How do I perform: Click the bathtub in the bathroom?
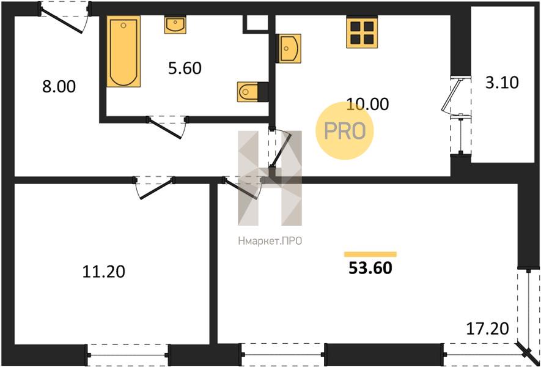(123, 51)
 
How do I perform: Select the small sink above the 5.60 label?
(175, 24)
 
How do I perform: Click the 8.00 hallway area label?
(59, 87)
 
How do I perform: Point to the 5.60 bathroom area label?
(185, 69)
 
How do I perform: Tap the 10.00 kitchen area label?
(368, 104)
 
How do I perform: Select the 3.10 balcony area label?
(502, 83)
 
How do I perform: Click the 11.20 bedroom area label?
(103, 272)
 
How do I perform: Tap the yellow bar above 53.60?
(370, 254)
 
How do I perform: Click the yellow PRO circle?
(345, 131)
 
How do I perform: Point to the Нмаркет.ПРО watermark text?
(270, 240)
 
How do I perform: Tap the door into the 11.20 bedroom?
(155, 188)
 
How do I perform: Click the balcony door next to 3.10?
(455, 96)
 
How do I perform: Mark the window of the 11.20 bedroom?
(127, 355)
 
